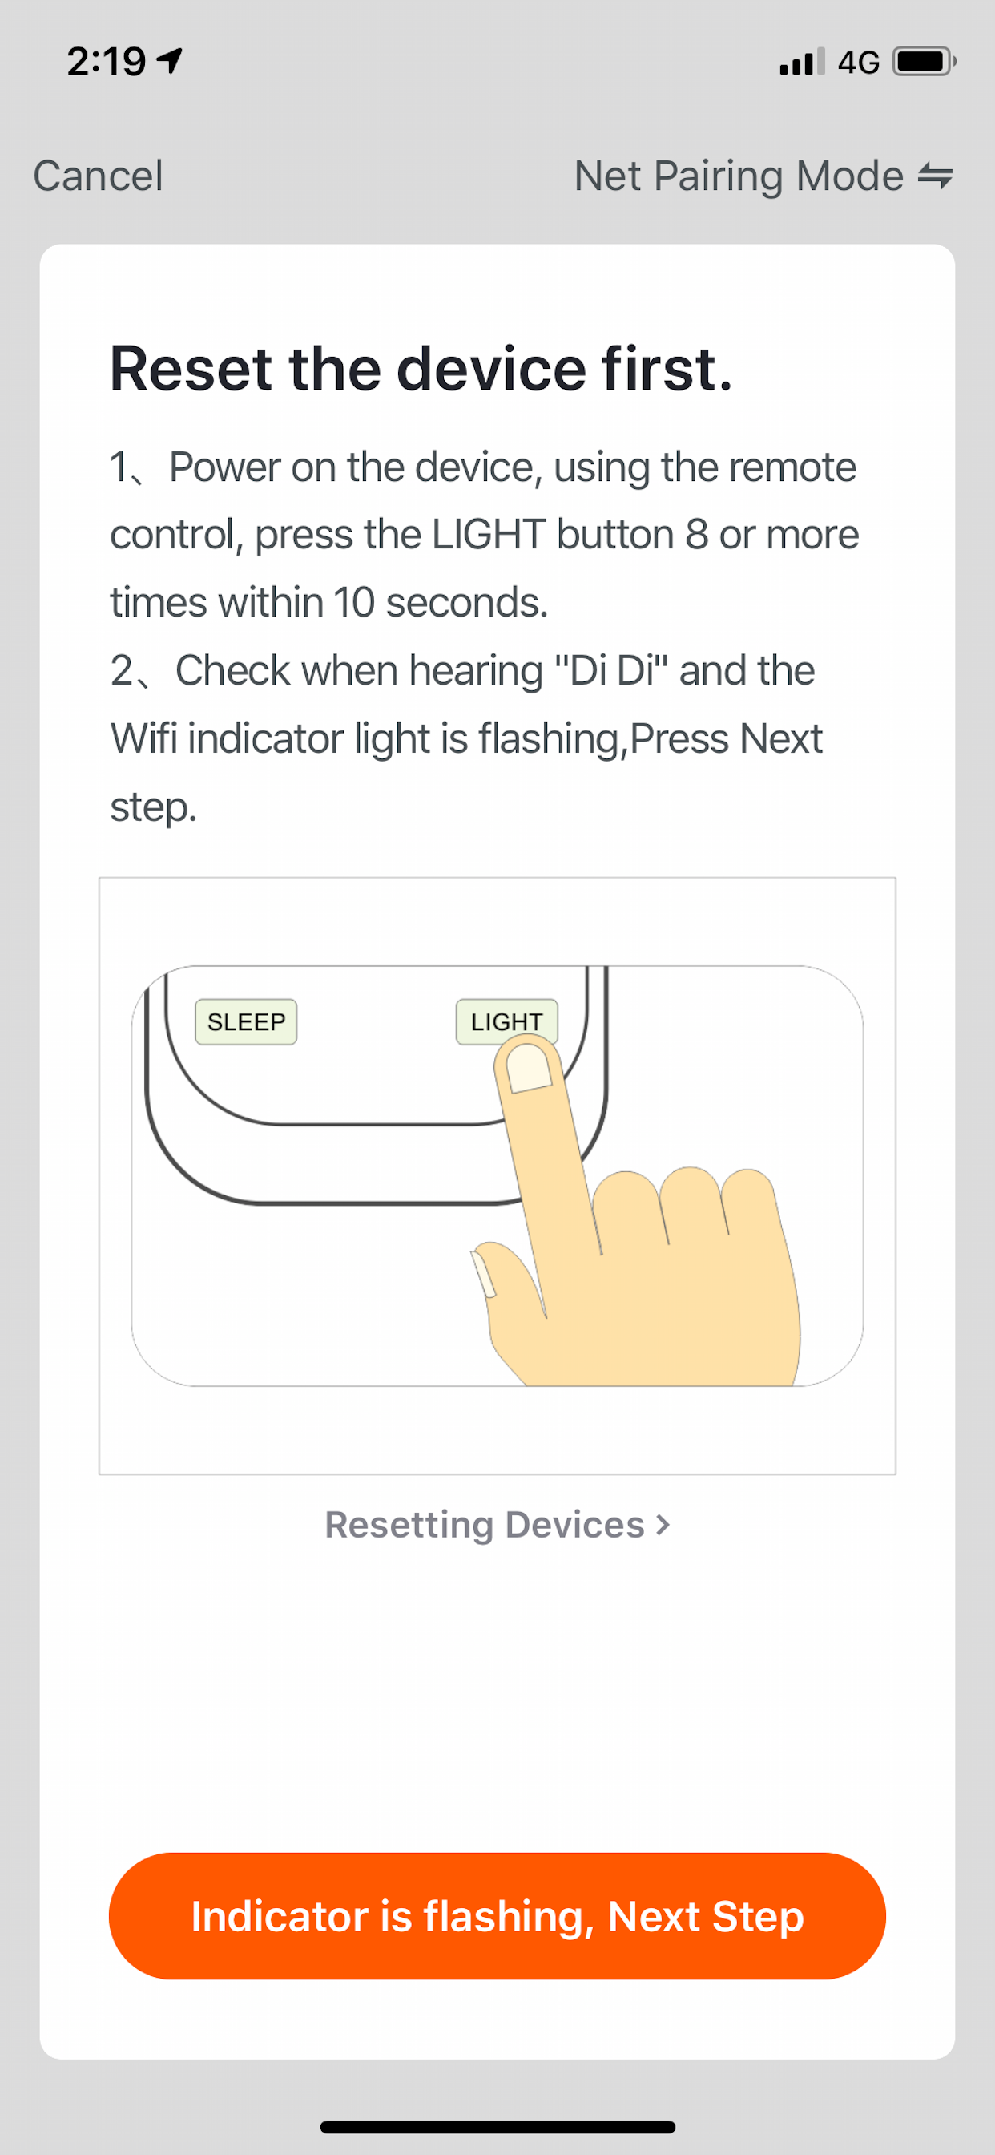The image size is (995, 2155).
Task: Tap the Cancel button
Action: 98,176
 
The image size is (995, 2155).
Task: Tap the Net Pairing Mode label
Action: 739,176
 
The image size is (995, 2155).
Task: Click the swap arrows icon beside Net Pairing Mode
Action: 935,176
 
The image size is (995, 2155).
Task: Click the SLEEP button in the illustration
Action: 246,1021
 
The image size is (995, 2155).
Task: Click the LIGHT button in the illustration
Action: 506,1021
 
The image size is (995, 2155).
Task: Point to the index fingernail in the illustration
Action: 529,1069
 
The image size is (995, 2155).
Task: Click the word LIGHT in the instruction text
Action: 489,535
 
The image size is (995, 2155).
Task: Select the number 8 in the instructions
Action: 696,535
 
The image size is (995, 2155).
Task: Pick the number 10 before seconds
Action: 353,602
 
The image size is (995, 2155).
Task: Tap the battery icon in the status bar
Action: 924,61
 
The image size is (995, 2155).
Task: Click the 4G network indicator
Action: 859,62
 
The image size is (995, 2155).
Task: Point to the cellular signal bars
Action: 802,62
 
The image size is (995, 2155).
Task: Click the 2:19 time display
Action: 107,61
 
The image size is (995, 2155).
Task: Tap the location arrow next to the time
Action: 170,60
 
